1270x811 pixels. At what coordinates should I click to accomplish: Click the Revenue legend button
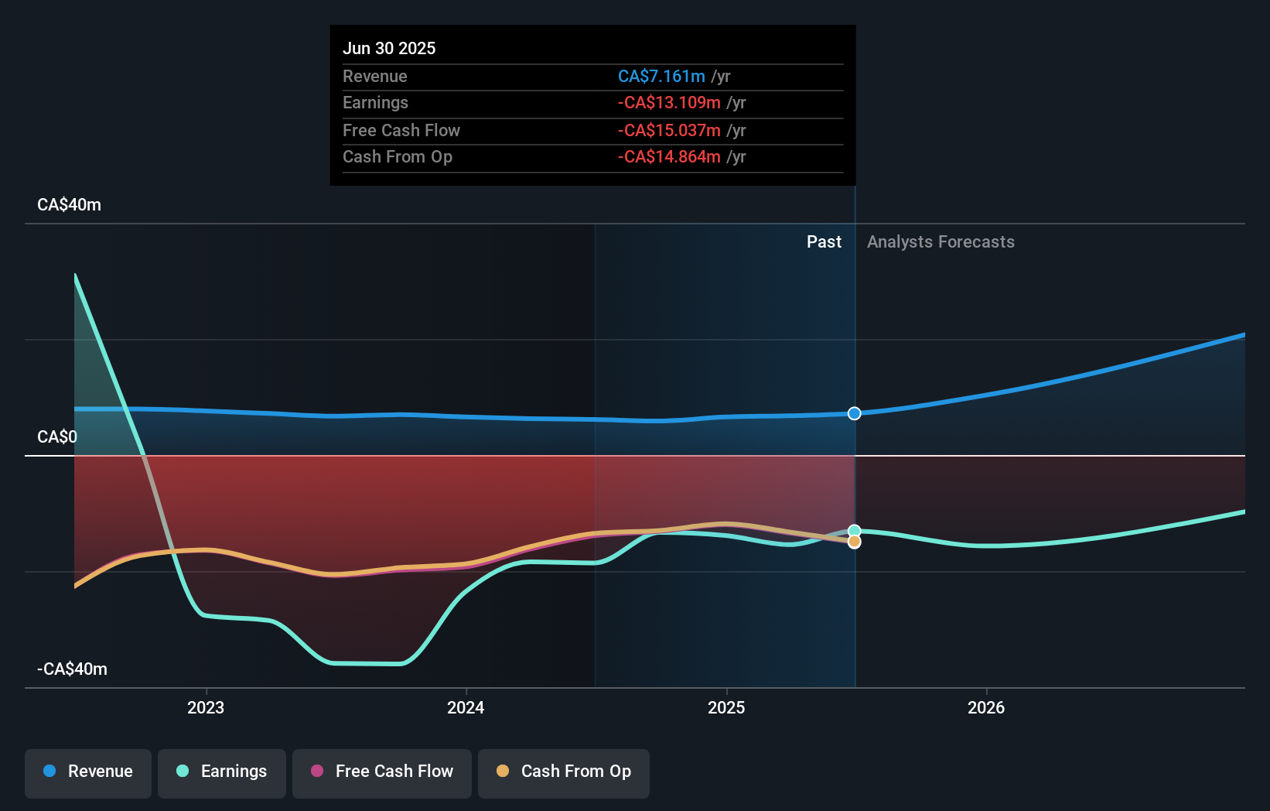[88, 772]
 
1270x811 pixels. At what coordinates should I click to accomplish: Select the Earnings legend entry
[222, 772]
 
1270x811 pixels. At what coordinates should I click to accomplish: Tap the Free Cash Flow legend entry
[382, 772]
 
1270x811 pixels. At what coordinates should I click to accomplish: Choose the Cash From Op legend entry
[564, 772]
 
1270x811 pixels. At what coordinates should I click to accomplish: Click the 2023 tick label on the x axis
[206, 707]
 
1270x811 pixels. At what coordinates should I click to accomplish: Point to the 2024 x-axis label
[466, 707]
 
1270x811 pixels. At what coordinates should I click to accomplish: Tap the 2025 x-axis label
[726, 707]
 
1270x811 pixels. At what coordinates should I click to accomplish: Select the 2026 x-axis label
[986, 707]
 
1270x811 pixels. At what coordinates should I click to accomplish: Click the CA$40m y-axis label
[69, 205]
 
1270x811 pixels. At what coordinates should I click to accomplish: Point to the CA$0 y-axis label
[57, 437]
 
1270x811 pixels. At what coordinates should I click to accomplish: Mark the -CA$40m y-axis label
[72, 669]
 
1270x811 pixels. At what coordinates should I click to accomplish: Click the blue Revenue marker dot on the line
[854, 413]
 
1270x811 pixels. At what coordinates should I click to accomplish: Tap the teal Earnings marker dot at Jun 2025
[854, 531]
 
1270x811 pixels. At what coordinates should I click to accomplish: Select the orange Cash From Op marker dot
[854, 542]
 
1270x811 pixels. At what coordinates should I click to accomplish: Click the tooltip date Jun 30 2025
[389, 48]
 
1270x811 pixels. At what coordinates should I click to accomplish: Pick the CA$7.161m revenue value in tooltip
[661, 77]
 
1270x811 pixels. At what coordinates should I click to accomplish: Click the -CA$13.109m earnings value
[669, 103]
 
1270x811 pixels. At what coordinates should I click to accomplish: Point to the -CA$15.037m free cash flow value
[669, 131]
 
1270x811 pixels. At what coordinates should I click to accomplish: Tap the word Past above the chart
[824, 242]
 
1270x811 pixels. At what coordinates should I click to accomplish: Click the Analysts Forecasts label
[941, 242]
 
